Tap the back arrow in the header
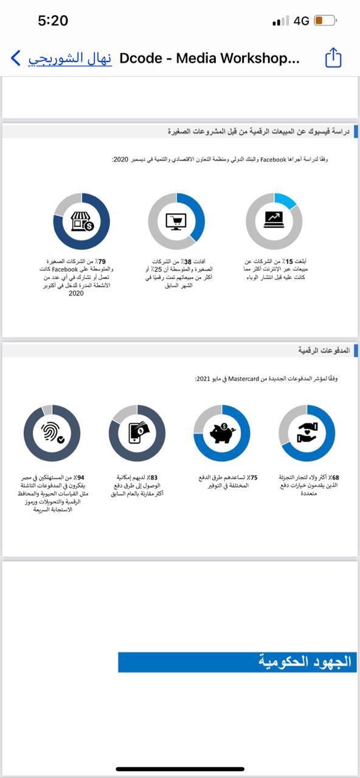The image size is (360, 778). pyautogui.click(x=16, y=58)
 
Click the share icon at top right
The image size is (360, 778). pyautogui.click(x=333, y=58)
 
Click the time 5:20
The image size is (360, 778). pyautogui.click(x=53, y=21)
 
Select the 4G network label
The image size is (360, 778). pyautogui.click(x=301, y=21)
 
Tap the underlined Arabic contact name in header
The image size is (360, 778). pyautogui.click(x=70, y=58)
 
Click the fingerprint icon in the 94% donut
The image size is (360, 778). pyautogui.click(x=52, y=433)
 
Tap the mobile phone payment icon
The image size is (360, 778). pyautogui.click(x=137, y=433)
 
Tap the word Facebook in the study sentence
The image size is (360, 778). pyautogui.click(x=273, y=159)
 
